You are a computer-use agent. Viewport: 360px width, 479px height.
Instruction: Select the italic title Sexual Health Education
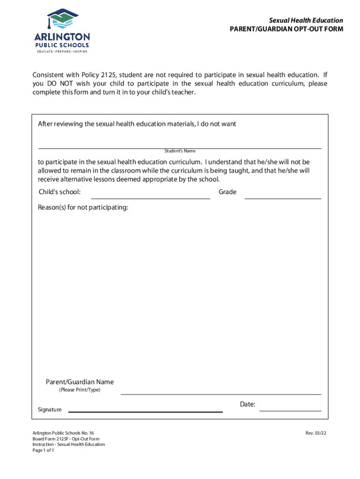[305, 21]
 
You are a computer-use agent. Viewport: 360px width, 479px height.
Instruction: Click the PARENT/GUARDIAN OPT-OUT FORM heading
[286, 29]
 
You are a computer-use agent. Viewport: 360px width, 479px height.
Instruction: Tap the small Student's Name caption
[180, 151]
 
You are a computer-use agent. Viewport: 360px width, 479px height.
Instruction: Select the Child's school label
[59, 192]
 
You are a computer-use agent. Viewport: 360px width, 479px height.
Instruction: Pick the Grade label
[227, 192]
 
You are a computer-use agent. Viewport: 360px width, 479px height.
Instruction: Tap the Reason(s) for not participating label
[83, 207]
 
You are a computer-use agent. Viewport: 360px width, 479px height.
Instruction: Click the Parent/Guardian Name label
[79, 382]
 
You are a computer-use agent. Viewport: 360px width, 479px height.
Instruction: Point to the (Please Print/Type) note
[79, 390]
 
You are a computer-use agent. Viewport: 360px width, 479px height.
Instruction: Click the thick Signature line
[145, 412]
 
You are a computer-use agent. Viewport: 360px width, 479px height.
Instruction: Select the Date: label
[247, 404]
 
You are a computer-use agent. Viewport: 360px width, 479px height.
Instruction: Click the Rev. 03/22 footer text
[316, 433]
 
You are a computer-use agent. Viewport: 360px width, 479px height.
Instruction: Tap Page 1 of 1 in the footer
[43, 450]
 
